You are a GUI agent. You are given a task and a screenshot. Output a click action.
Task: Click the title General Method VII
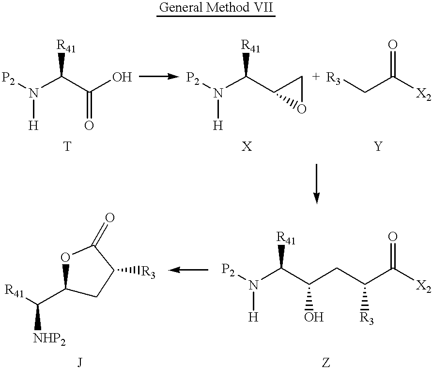(x=216, y=7)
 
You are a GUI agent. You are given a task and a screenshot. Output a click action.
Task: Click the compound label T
(x=67, y=146)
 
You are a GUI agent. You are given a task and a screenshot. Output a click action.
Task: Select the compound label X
(x=247, y=146)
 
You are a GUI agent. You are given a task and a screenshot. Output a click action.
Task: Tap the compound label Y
(x=378, y=146)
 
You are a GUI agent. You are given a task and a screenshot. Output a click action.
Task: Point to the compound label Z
(x=326, y=363)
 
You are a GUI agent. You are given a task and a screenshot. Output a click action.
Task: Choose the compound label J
(x=79, y=363)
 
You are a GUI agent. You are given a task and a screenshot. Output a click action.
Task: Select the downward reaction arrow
(x=317, y=184)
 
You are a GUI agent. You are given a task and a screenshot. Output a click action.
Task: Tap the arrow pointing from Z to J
(x=188, y=270)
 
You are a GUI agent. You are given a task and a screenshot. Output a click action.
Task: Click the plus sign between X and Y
(x=316, y=77)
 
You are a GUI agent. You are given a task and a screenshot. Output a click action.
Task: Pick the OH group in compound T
(x=122, y=77)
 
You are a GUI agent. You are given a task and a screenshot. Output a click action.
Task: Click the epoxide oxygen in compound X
(x=302, y=109)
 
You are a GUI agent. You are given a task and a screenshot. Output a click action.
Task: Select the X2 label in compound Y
(x=423, y=96)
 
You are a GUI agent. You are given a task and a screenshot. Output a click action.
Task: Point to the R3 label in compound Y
(x=333, y=78)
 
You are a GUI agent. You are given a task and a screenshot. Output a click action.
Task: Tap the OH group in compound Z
(x=314, y=317)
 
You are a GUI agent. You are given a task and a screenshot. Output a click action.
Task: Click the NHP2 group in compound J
(x=49, y=339)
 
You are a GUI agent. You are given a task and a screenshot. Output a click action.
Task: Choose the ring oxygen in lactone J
(x=65, y=257)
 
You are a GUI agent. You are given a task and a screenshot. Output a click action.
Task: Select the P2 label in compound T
(x=8, y=79)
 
